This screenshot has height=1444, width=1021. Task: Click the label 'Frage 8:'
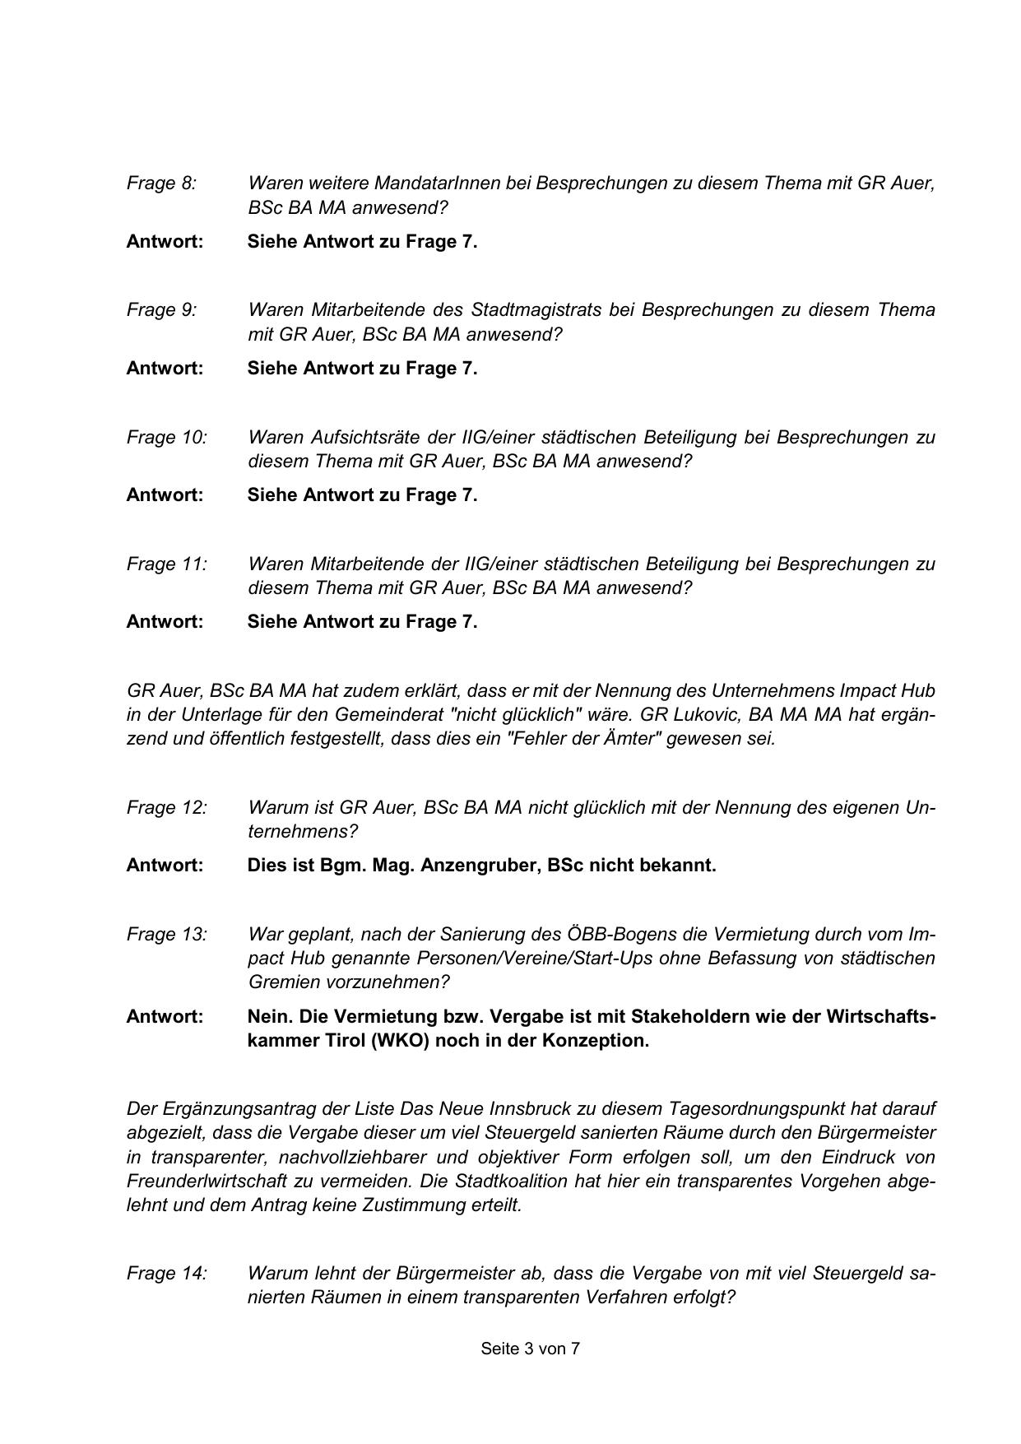click(x=161, y=183)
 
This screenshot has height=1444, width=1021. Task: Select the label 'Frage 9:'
click(x=161, y=310)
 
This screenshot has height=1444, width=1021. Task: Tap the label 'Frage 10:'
click(x=166, y=437)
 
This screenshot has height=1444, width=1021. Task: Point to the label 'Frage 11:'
click(x=166, y=564)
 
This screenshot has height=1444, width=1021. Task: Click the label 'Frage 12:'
click(x=166, y=807)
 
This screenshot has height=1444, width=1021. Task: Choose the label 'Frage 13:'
click(x=166, y=934)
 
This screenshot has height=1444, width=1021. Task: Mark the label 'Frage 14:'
click(x=166, y=1273)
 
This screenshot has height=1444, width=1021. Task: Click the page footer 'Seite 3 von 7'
click(x=530, y=1349)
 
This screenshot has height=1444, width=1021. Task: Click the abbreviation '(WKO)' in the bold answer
click(x=400, y=1040)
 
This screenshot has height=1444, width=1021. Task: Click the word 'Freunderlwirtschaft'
click(x=204, y=1181)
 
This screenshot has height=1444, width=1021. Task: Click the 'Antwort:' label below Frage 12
click(x=165, y=866)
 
